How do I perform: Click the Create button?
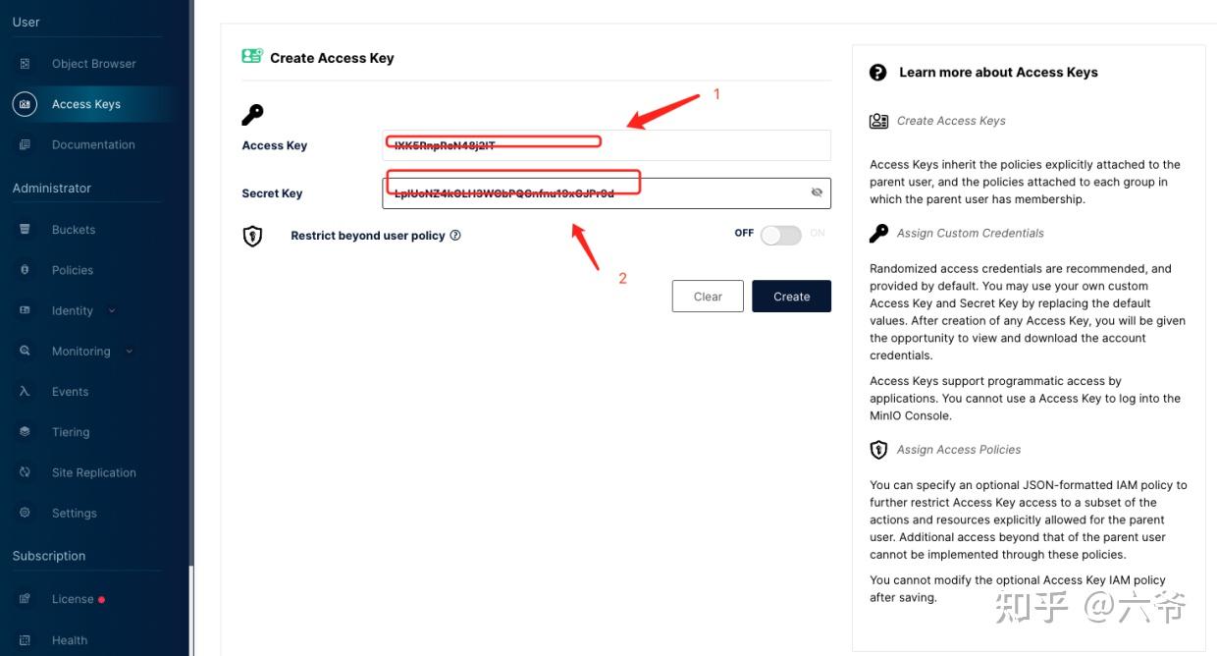tap(791, 297)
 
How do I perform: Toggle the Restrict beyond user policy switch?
tap(780, 235)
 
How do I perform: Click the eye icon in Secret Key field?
tap(817, 192)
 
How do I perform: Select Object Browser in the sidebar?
tap(93, 64)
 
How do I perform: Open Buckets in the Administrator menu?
tap(74, 230)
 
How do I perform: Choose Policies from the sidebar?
tap(73, 270)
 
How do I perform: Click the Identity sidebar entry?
tap(73, 310)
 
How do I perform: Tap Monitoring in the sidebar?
tap(80, 352)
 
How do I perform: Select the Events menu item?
tap(70, 392)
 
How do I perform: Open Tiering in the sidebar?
tap(71, 432)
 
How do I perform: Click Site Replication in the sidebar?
tap(93, 472)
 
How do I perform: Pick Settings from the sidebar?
tap(74, 513)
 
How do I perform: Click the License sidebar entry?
tap(73, 599)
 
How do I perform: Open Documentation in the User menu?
tap(93, 144)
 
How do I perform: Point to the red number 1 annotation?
tap(716, 94)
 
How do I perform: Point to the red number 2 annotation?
tap(622, 279)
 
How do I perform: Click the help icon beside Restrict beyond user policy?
tap(455, 236)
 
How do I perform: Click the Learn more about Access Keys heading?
tap(998, 73)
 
